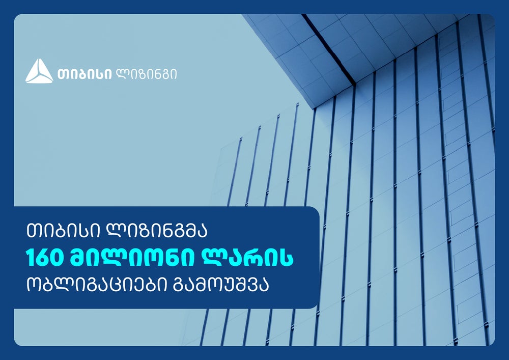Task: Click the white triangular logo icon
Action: (x=39, y=71)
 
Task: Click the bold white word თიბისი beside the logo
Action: (x=84, y=74)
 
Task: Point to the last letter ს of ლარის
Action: (x=286, y=258)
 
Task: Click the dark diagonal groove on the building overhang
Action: (x=328, y=49)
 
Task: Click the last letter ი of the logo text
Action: (x=175, y=74)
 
